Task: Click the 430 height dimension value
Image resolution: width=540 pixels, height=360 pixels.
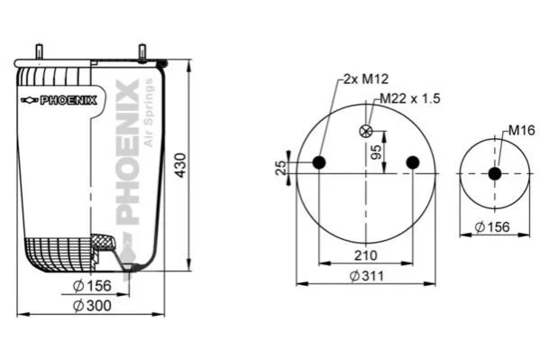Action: click(180, 165)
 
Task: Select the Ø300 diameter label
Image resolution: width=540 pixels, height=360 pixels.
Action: click(92, 306)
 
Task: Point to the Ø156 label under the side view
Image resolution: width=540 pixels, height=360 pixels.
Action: click(92, 285)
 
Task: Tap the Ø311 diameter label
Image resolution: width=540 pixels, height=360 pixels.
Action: click(366, 276)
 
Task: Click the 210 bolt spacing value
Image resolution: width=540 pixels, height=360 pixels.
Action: click(366, 255)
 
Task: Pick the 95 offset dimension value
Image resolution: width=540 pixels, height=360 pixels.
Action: click(376, 152)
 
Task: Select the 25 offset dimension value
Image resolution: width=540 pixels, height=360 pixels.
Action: click(281, 168)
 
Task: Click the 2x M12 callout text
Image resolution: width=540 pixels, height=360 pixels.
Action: click(366, 79)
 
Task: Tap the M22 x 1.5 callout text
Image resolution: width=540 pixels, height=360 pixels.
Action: click(410, 98)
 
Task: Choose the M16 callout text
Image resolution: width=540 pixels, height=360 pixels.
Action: click(521, 130)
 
